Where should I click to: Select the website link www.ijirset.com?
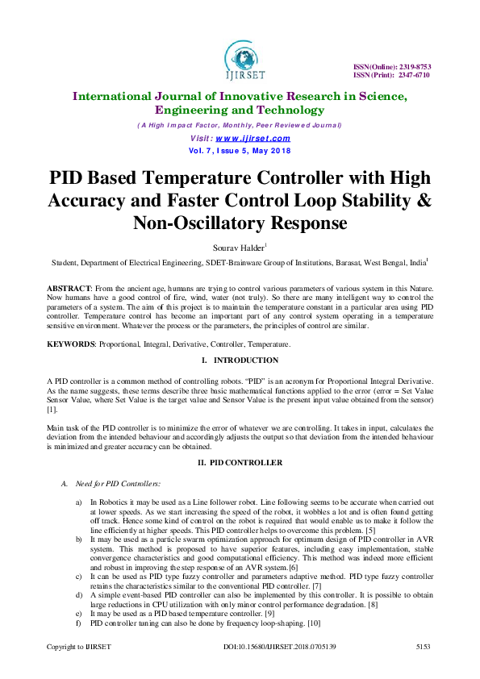click(x=257, y=138)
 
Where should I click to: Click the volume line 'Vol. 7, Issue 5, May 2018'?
click(x=240, y=151)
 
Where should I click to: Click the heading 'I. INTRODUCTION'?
click(x=240, y=360)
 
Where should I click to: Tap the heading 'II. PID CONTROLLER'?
click(x=240, y=462)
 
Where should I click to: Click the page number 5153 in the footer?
click(x=424, y=647)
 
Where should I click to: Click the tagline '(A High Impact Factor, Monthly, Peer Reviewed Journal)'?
click(x=240, y=125)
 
